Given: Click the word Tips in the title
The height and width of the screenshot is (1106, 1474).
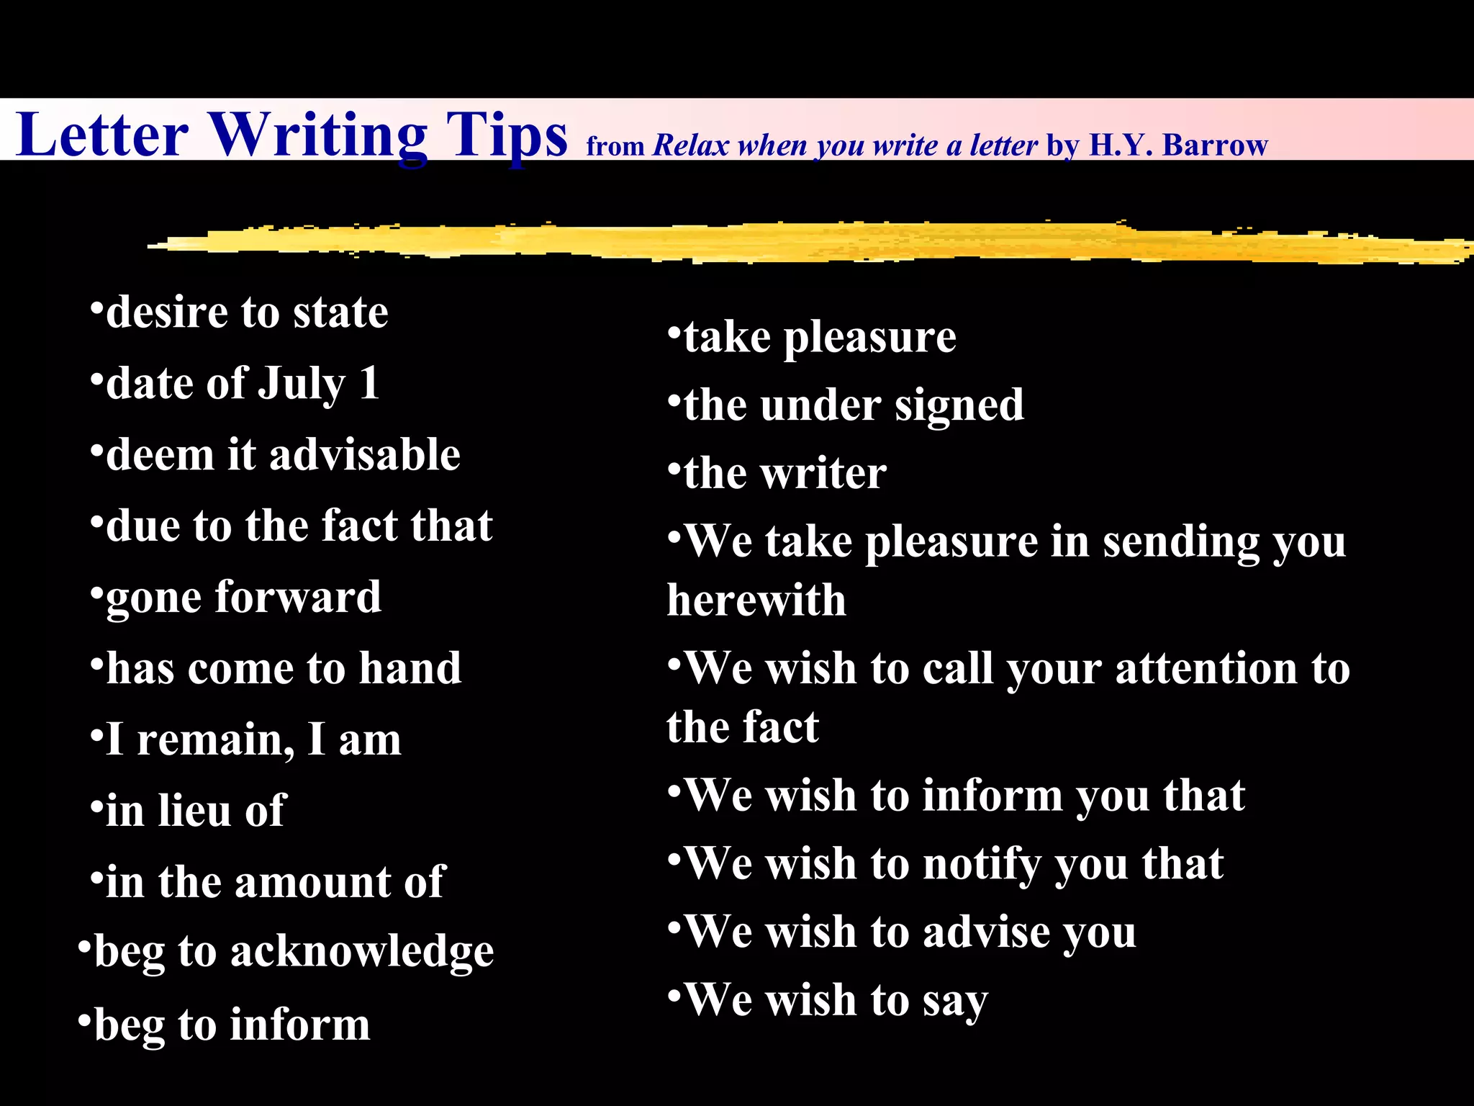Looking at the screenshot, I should (506, 135).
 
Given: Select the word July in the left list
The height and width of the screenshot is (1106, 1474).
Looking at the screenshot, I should (302, 384).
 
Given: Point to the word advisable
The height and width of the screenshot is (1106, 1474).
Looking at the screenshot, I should (364, 455).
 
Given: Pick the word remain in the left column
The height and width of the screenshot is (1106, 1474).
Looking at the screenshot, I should (215, 740).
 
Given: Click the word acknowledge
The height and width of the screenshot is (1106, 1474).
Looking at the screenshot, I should (362, 952).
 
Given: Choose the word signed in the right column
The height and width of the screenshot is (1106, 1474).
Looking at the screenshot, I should (959, 406).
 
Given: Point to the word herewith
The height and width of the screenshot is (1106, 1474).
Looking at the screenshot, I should (756, 601).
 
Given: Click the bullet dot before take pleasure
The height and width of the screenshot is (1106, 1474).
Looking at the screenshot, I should (674, 333).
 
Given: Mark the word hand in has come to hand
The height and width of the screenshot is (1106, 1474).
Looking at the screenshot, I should (410, 668).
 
